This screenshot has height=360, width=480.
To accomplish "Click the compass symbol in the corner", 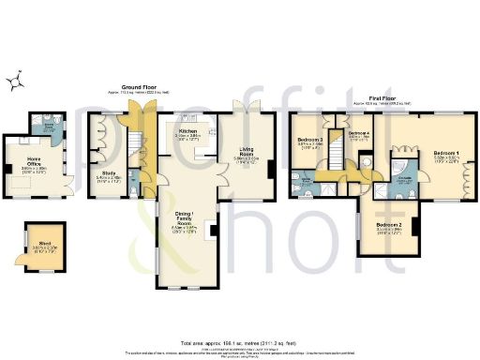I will tap(14, 83).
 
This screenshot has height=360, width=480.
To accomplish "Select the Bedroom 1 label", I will tap(446, 153).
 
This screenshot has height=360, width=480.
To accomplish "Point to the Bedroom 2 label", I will tap(389, 226).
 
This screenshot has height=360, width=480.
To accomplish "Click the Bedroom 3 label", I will tap(310, 142).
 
